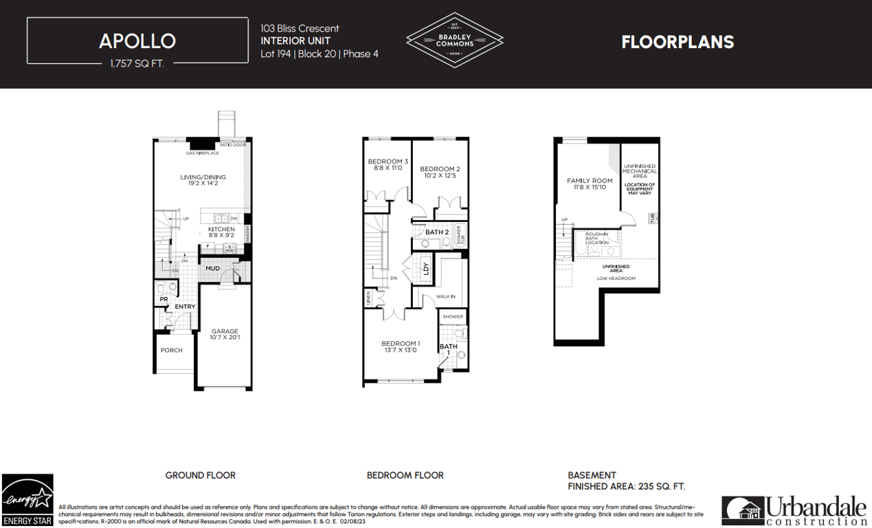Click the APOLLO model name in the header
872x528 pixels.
137,41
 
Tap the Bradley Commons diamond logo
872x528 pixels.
454,40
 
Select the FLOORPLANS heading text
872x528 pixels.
678,42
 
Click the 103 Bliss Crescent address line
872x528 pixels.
300,28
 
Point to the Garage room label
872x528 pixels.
225,334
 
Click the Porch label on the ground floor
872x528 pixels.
172,350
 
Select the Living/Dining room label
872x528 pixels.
203,180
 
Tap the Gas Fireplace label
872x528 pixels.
202,153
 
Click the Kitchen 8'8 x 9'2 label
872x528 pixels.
221,232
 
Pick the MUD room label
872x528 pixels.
212,268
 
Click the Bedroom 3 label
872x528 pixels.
388,164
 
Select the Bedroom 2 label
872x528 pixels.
440,172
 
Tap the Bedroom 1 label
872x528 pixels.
401,346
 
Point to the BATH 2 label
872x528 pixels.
436,232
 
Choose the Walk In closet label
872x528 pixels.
445,296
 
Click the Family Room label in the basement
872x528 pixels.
589,184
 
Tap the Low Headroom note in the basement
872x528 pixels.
616,278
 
